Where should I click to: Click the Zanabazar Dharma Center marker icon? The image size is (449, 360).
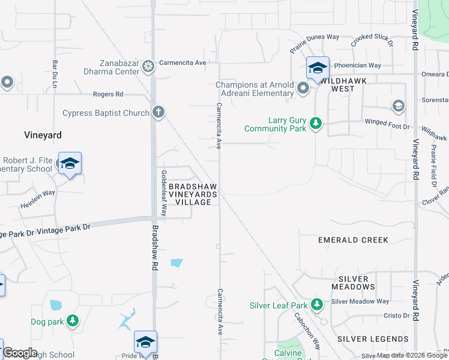point(148,66)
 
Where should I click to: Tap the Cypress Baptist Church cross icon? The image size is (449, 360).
point(158,112)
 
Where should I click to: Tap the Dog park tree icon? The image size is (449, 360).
point(73,322)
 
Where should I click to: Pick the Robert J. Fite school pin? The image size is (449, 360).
point(70,163)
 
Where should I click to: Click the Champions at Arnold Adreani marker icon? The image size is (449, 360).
point(303,89)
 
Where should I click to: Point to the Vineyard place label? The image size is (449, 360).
point(43,135)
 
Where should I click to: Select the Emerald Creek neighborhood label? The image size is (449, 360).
point(353,240)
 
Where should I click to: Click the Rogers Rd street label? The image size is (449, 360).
point(108,94)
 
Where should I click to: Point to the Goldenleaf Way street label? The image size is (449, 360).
point(163,192)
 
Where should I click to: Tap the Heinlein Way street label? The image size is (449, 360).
point(39,193)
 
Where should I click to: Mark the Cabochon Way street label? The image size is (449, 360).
point(306,331)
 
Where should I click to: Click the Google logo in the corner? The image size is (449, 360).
point(20,353)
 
